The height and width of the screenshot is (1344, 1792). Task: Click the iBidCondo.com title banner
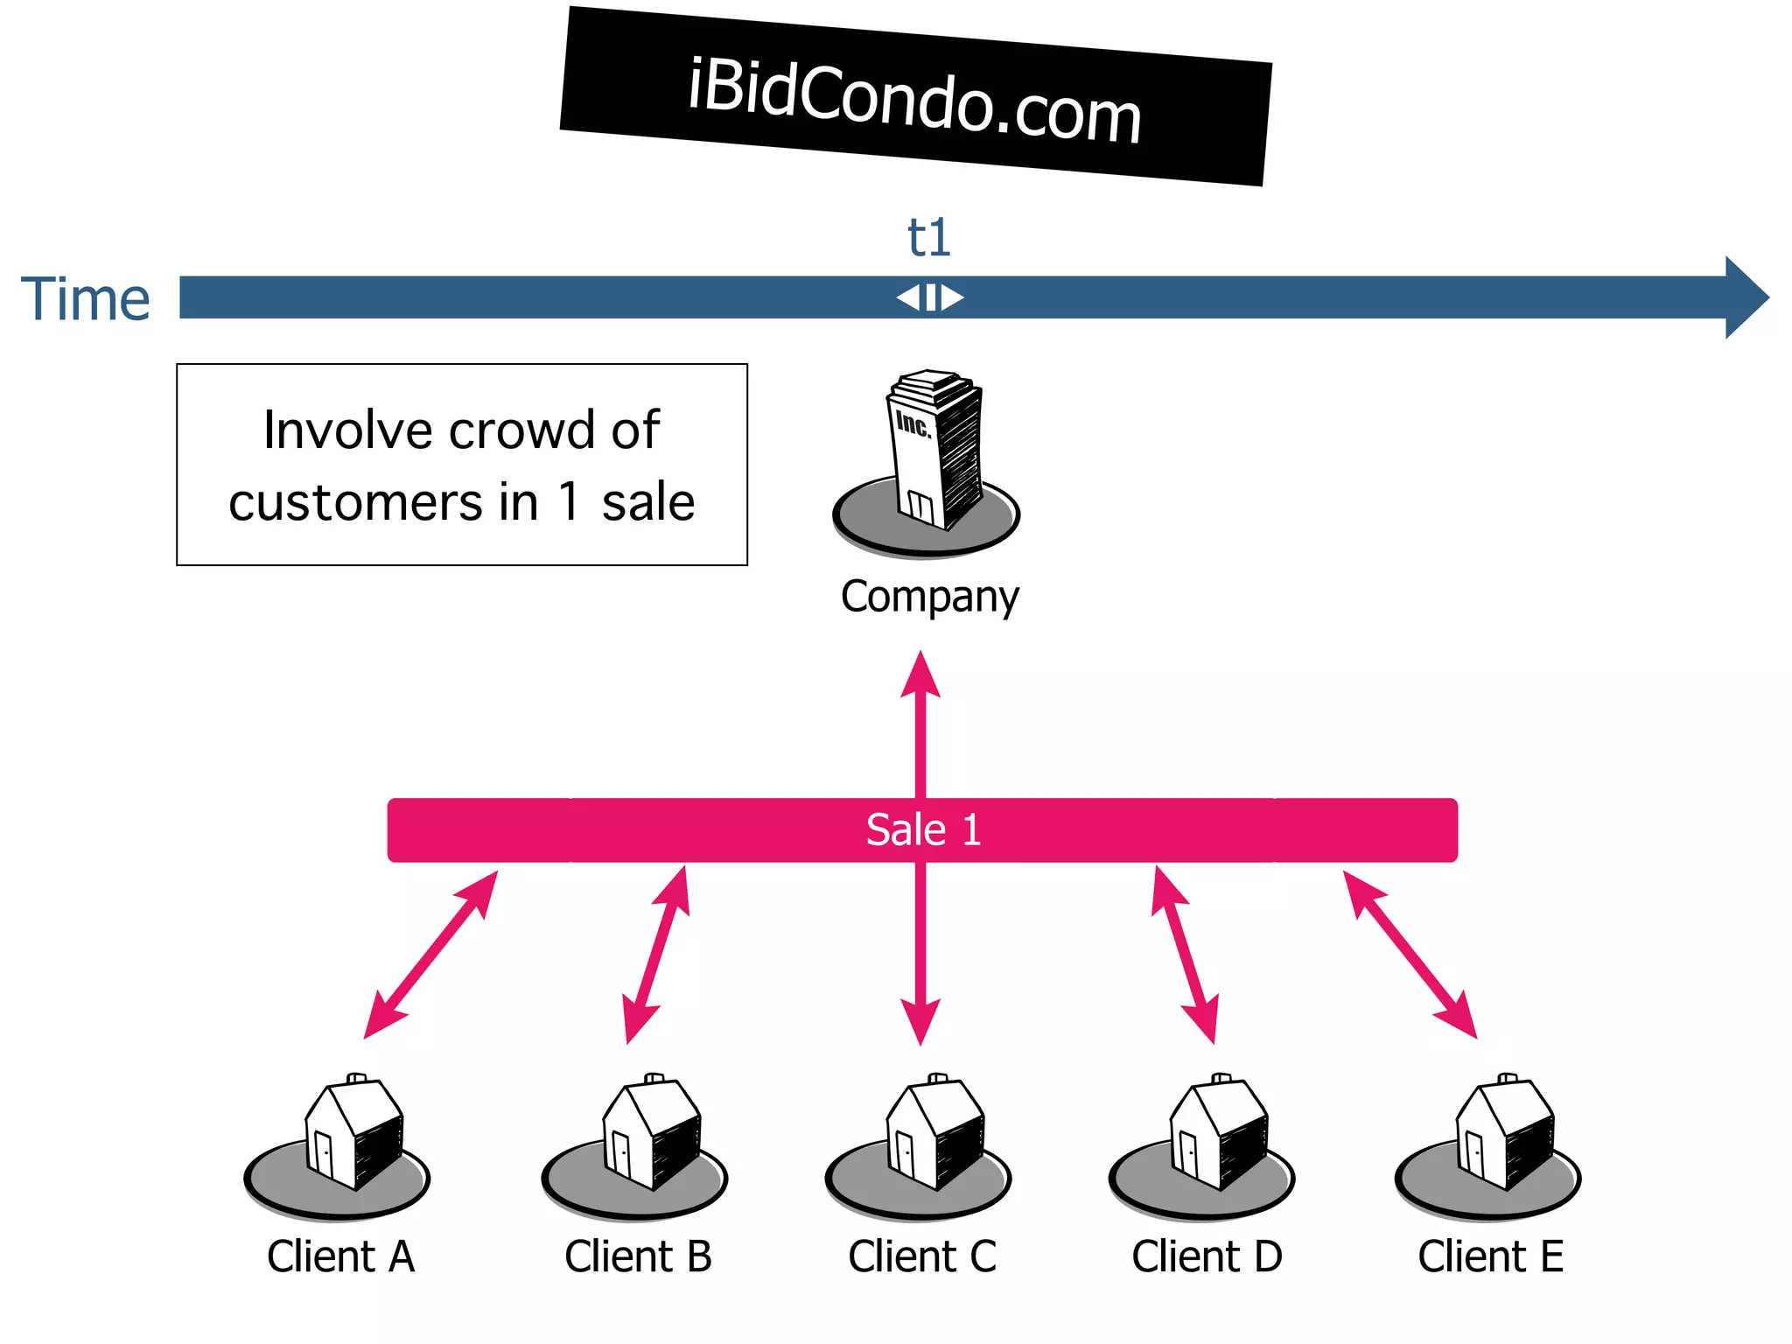pyautogui.click(x=914, y=96)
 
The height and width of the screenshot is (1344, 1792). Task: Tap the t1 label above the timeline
pyautogui.click(x=928, y=237)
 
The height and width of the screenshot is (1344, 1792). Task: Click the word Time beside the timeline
pyautogui.click(x=86, y=299)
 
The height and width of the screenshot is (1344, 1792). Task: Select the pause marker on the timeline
pyautogui.click(x=930, y=297)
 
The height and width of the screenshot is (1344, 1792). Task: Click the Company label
pyautogui.click(x=929, y=597)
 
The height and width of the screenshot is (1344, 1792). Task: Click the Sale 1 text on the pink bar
pyautogui.click(x=923, y=829)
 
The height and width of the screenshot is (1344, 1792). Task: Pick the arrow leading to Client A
pyautogui.click(x=430, y=955)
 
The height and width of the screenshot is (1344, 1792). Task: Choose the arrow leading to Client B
pyautogui.click(x=656, y=955)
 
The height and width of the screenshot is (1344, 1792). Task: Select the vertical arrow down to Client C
pyautogui.click(x=920, y=954)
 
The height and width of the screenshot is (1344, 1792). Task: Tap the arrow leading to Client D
pyautogui.click(x=1185, y=955)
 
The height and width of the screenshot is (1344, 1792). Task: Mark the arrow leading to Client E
pyautogui.click(x=1410, y=955)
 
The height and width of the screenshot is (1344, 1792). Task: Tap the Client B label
pyautogui.click(x=638, y=1256)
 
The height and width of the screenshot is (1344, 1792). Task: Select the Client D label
pyautogui.click(x=1207, y=1256)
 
